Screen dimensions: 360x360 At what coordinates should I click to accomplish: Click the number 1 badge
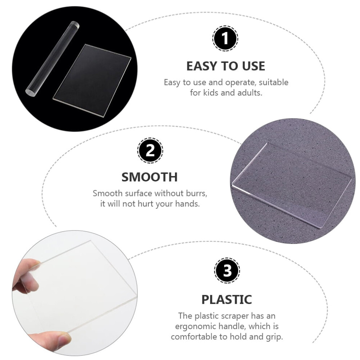225,38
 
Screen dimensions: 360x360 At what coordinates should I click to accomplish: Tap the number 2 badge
150,151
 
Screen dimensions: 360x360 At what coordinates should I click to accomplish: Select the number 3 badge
227,270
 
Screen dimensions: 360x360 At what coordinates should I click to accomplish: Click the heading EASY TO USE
226,66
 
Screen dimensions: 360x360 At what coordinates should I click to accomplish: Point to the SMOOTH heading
149,177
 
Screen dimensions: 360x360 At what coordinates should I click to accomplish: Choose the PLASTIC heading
227,299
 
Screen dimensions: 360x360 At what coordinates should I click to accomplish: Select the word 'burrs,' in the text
196,193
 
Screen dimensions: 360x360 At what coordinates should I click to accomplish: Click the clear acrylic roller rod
52,58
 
